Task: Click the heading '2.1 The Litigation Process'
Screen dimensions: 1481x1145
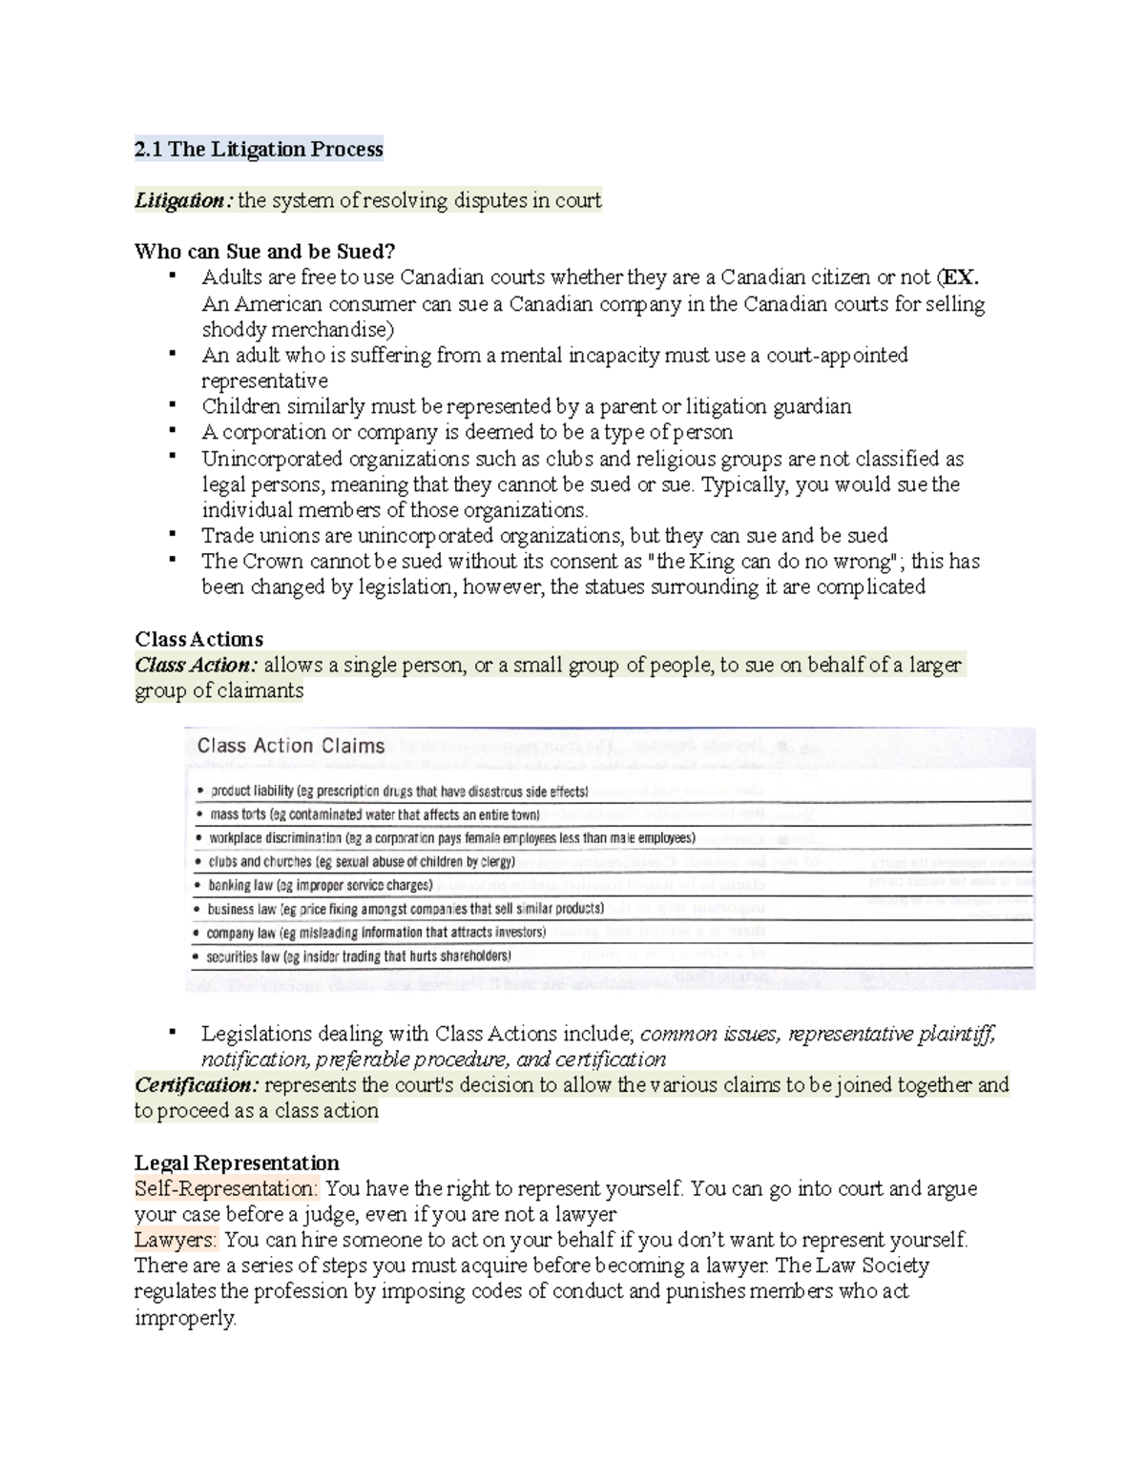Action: tap(259, 149)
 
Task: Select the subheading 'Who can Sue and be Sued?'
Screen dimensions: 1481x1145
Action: tap(264, 252)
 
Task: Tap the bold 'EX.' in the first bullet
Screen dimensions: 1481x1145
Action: tap(961, 278)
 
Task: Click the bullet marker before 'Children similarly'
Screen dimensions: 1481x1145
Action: tap(172, 404)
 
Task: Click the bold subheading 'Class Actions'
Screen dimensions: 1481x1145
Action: tap(198, 639)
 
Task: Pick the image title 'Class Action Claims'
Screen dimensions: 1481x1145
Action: tap(290, 746)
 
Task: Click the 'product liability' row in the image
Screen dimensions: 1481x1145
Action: tap(252, 792)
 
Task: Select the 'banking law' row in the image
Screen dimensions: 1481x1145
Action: tap(241, 885)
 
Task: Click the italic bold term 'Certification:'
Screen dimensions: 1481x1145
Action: tap(196, 1085)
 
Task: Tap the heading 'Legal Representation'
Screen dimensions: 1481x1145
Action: tap(237, 1163)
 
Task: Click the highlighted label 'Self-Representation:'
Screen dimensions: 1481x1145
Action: tap(225, 1189)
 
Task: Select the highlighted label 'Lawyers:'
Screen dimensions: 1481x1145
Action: tap(176, 1241)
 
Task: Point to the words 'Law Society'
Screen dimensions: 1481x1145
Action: tap(871, 1266)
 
